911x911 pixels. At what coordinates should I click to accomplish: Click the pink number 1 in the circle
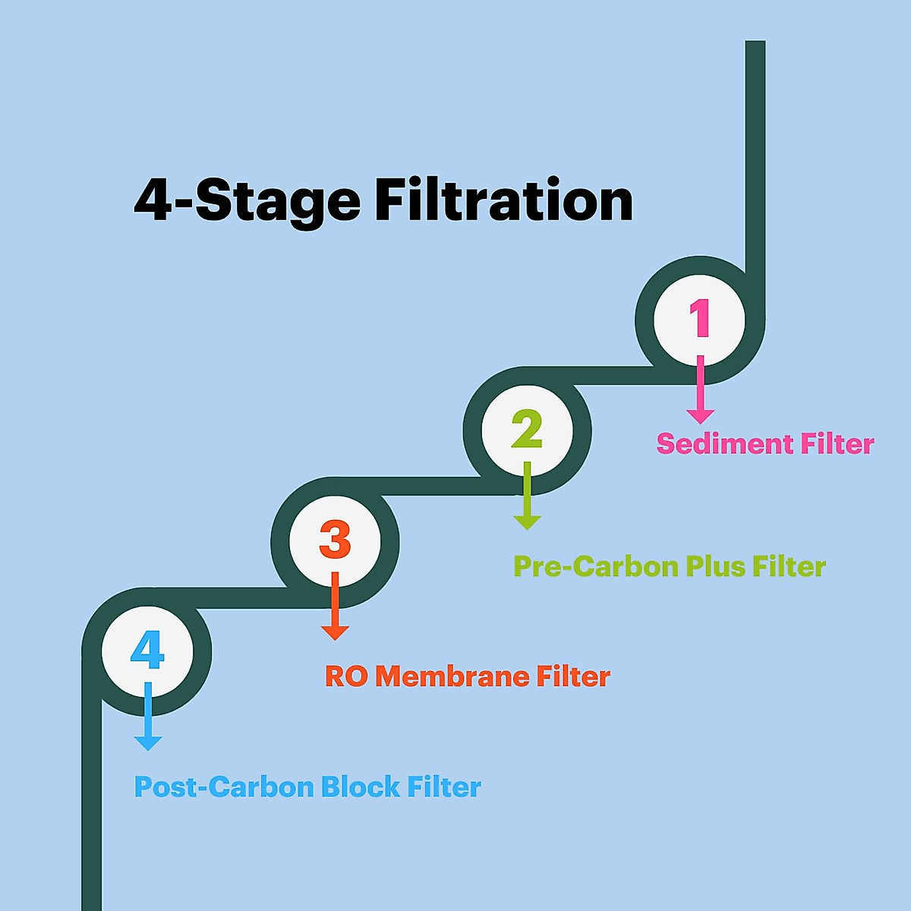pos(699,318)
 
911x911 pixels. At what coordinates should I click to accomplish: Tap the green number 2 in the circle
pos(527,429)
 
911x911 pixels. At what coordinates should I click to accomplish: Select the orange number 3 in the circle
pos(335,540)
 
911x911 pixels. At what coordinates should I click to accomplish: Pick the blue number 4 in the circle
pos(147,651)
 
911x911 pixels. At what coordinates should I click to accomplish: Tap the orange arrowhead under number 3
pos(335,632)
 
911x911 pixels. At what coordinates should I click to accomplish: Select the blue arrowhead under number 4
pos(148,742)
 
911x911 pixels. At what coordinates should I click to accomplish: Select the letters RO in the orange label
pos(346,676)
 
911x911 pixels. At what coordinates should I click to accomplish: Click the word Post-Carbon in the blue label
pos(224,787)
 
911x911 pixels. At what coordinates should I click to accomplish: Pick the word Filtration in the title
pos(504,200)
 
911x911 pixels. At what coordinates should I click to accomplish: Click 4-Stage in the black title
pos(247,202)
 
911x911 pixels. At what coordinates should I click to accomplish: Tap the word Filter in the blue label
pos(444,787)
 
